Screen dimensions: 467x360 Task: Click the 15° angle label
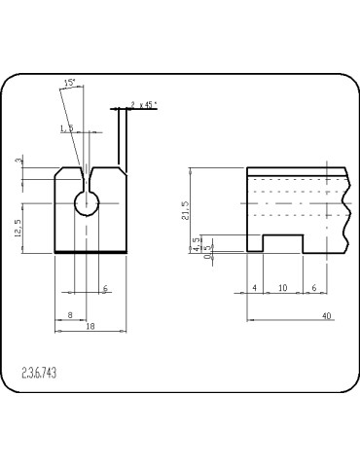click(x=69, y=85)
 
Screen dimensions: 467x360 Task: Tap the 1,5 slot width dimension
click(x=67, y=127)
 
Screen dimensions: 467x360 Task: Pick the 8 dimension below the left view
click(x=70, y=315)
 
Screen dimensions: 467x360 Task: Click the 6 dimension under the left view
click(x=105, y=290)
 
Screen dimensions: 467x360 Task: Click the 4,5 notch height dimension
click(x=198, y=242)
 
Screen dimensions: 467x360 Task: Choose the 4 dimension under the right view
click(x=255, y=289)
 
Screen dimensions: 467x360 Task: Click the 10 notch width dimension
click(x=282, y=289)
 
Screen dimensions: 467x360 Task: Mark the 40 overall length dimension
click(x=327, y=315)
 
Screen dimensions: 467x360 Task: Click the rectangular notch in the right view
click(x=283, y=243)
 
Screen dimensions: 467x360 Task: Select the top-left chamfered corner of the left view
click(x=59, y=170)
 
